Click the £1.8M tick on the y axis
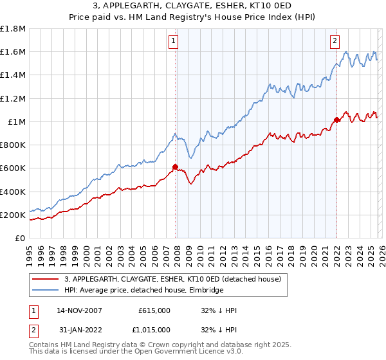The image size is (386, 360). click(13, 29)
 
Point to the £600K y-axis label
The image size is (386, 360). click(13, 168)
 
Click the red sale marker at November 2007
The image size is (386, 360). click(175, 166)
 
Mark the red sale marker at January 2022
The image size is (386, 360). click(336, 120)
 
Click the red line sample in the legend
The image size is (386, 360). click(46, 280)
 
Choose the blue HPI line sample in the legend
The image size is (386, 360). click(46, 291)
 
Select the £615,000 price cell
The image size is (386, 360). click(154, 311)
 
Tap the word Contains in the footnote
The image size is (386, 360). click(45, 345)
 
